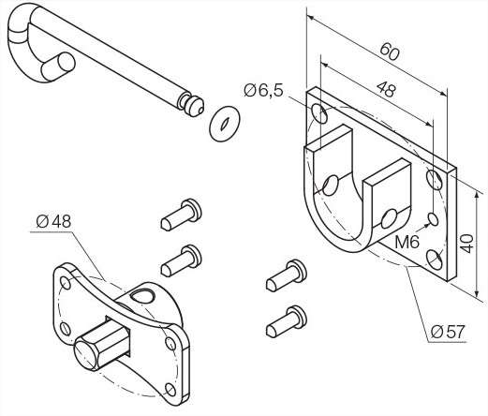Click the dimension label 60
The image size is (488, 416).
point(390,52)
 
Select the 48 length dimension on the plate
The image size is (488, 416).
point(386,89)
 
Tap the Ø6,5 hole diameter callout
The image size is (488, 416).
point(263,91)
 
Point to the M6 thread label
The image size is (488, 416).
point(407,242)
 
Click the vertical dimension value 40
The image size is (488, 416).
point(467,244)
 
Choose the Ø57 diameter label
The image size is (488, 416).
point(448,332)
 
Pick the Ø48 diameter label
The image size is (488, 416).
point(53,221)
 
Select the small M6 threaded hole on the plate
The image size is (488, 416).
point(433,218)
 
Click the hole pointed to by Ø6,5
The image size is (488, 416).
point(319,113)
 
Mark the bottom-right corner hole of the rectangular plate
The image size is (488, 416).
point(435,260)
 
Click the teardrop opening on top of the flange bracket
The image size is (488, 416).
point(142,295)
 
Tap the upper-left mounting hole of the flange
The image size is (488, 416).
point(67,282)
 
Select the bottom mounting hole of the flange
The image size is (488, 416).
point(170,390)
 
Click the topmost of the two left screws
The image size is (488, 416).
point(182,215)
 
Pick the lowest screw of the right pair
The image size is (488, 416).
point(287,321)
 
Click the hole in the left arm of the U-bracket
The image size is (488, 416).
point(331,185)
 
